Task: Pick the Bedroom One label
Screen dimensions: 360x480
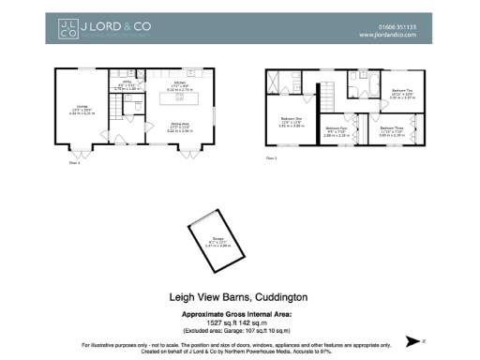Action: [x=290, y=121]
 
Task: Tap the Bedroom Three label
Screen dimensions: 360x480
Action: [x=392, y=130]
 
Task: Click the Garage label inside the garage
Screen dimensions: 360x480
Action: [x=215, y=242]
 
